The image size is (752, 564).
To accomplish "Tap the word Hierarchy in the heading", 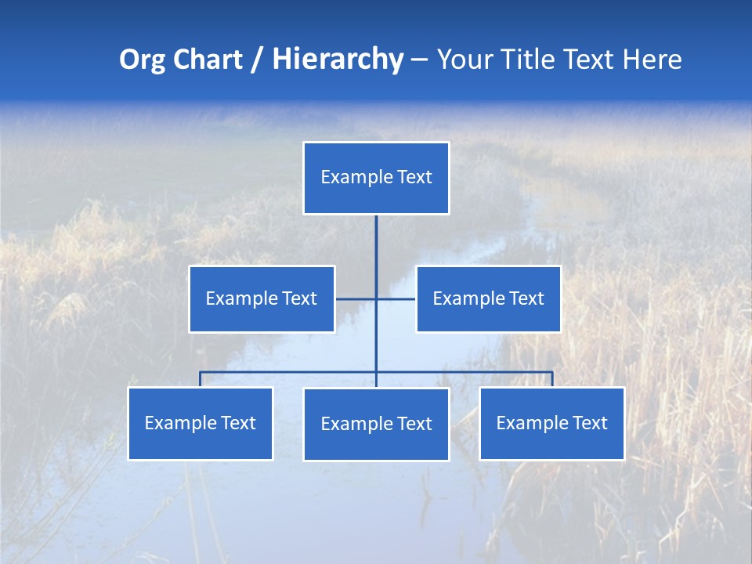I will tap(337, 60).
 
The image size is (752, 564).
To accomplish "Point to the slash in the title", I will tap(257, 60).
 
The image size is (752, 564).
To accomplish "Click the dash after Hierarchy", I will tap(419, 60).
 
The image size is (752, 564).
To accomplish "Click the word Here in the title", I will tap(651, 60).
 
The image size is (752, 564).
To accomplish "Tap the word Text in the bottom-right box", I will tap(589, 423).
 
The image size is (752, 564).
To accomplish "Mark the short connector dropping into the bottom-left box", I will tap(201, 379).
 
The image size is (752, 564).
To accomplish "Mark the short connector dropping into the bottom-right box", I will tap(552, 379).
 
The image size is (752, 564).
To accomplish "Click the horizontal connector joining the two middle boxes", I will tap(356, 298).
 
